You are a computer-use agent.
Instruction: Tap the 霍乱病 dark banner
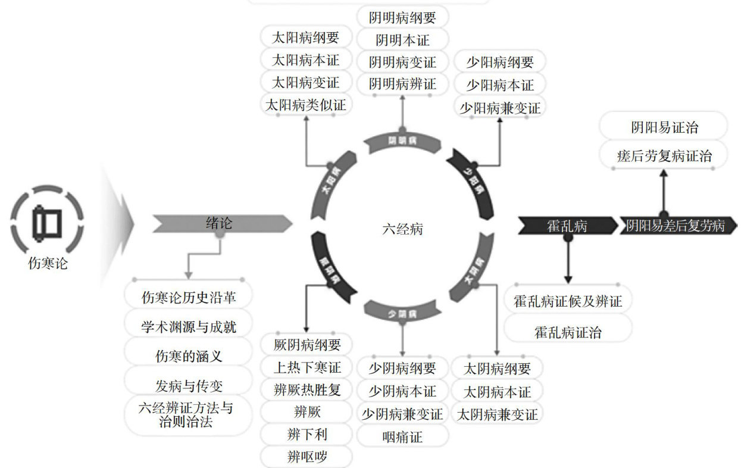point(567,226)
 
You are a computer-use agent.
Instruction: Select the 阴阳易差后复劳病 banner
point(675,226)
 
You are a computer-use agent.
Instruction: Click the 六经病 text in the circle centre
point(402,229)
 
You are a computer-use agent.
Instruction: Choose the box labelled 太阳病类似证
point(306,105)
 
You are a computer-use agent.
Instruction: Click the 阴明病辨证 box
point(402,84)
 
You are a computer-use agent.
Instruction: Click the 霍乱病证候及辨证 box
point(567,301)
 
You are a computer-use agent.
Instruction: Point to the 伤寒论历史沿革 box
point(188,297)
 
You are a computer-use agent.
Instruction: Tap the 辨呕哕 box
point(307,457)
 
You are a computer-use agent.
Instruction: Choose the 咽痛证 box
point(402,437)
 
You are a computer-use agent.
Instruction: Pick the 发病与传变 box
point(189,386)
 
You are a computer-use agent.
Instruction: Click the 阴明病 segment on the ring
point(402,141)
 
